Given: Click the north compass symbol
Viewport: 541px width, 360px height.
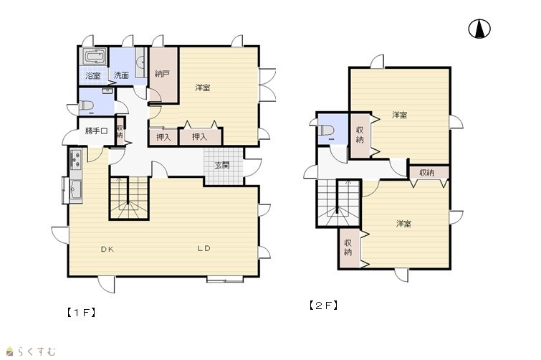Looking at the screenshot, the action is tap(479, 29).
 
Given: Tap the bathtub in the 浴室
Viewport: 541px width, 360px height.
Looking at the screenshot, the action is tap(94, 57).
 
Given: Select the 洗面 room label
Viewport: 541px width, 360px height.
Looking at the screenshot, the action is tap(121, 75).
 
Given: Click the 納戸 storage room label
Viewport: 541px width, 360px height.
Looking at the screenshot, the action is tap(162, 74).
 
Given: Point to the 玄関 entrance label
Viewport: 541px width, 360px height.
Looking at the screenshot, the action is tap(222, 165).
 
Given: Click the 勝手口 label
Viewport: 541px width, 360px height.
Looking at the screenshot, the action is tap(96, 131).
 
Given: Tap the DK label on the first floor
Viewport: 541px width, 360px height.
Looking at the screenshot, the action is tap(107, 250).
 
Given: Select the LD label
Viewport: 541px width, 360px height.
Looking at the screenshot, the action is tap(204, 248).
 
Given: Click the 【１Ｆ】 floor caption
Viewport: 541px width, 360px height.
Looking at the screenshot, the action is tap(81, 313).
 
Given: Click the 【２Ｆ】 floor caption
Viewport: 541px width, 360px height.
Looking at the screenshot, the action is tap(323, 305).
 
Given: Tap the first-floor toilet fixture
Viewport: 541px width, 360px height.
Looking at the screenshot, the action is tap(86, 105).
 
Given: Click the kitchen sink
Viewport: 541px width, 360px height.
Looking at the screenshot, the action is tap(75, 189).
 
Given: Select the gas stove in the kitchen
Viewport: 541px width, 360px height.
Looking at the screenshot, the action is tap(75, 158).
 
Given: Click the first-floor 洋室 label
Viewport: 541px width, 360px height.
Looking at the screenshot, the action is tap(203, 87).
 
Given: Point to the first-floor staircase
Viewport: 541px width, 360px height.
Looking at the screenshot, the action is tap(129, 198).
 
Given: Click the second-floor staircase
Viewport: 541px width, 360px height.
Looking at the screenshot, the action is tap(339, 203).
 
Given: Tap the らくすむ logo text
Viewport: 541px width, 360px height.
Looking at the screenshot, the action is tap(37, 351).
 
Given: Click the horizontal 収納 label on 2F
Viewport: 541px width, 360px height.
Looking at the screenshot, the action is tap(427, 173).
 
